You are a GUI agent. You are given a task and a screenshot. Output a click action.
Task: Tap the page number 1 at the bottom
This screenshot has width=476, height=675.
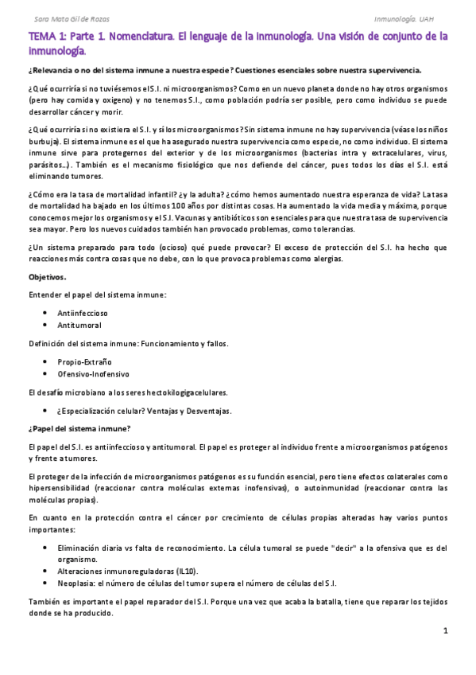(x=446, y=630)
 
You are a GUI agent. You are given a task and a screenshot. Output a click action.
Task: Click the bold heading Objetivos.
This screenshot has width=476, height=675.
(x=48, y=277)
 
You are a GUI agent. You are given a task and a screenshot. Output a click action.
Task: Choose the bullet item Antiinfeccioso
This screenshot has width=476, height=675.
(x=83, y=313)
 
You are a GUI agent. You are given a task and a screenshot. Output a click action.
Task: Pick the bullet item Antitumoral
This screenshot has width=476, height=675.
(x=79, y=325)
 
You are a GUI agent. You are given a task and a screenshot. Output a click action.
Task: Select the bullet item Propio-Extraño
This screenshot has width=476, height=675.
(x=84, y=361)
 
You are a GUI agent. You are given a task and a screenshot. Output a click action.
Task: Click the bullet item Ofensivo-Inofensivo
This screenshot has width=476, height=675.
(x=93, y=373)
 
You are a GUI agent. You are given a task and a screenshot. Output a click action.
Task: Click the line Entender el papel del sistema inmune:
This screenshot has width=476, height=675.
(x=97, y=295)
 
